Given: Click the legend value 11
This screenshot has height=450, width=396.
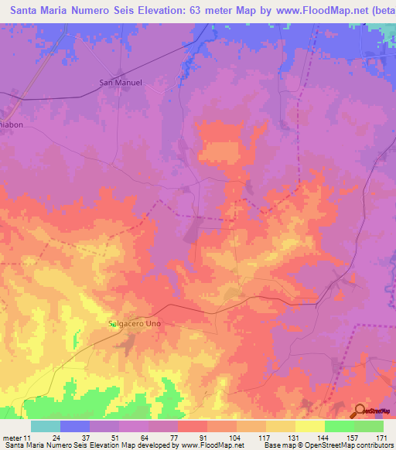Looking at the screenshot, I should pos(26,439).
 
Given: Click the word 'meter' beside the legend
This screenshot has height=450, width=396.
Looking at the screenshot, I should pos(12,439).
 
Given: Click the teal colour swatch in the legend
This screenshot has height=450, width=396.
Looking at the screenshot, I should pos(45,426).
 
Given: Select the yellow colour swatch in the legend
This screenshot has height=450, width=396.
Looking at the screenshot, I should pos(309,426).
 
